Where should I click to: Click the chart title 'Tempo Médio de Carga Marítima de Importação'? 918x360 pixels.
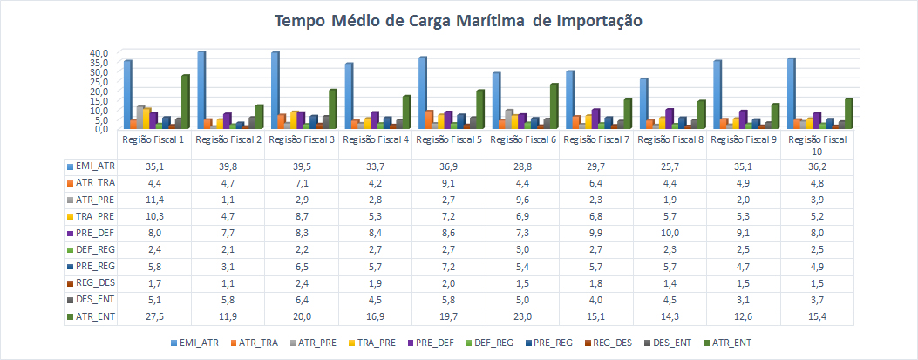click(459, 21)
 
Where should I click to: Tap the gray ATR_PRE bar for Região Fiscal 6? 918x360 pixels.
click(509, 119)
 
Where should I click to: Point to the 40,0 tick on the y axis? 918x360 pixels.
click(98, 52)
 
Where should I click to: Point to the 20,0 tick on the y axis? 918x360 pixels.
click(98, 90)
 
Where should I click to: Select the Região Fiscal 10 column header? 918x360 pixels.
click(817, 145)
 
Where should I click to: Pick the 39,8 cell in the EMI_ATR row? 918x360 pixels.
click(226, 165)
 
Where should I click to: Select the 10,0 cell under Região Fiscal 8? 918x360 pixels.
click(669, 232)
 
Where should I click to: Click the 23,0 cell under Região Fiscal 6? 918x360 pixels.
click(521, 316)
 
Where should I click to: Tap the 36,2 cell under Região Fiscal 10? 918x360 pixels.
click(817, 165)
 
